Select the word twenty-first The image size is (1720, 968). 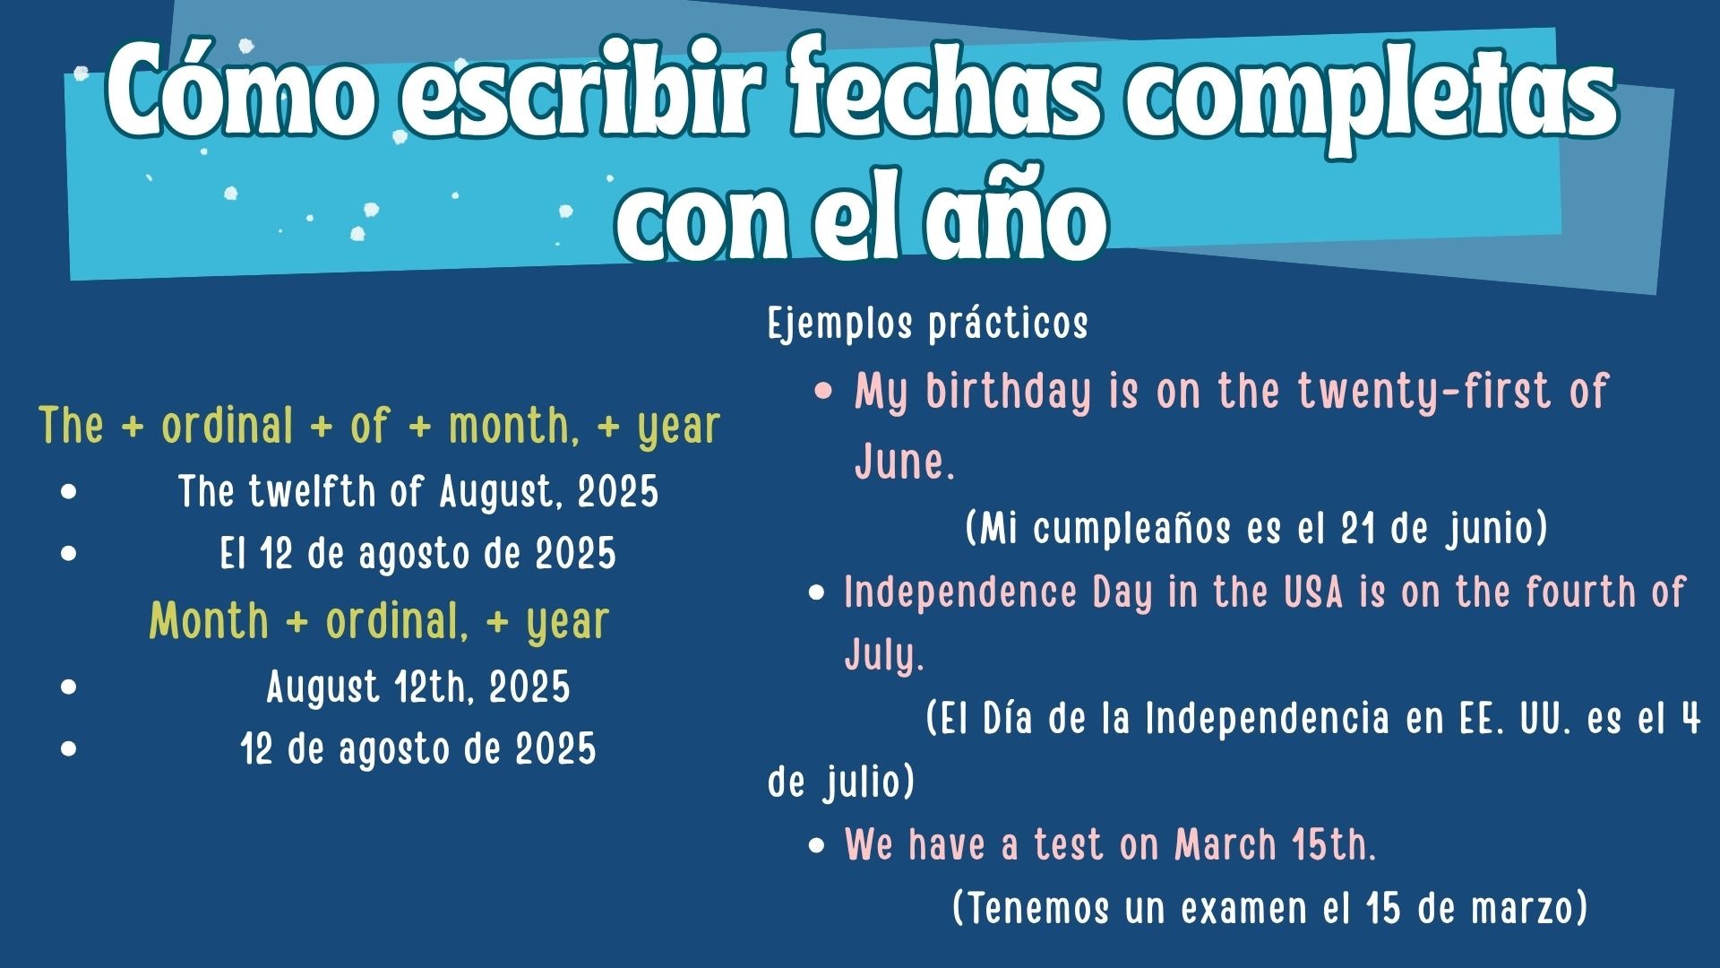[1425, 391]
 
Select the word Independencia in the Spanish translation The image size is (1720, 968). [1267, 719]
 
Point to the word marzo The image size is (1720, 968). [1523, 908]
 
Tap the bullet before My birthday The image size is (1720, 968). [824, 393]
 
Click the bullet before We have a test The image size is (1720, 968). [816, 845]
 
